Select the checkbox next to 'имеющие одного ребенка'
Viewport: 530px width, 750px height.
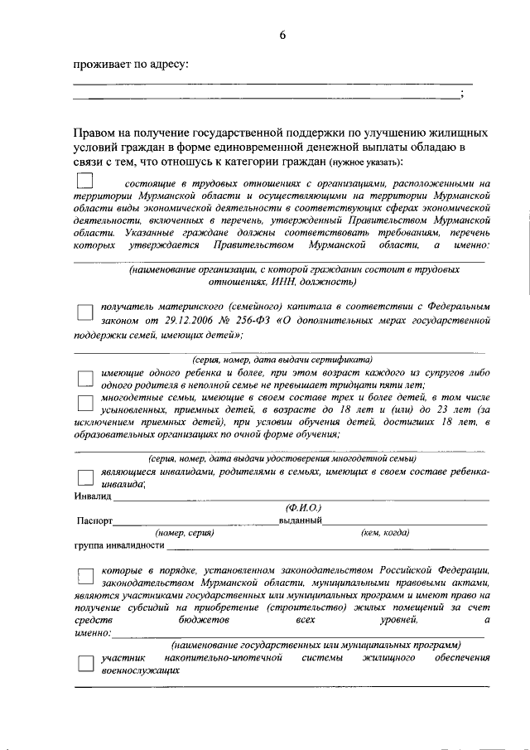pos(84,378)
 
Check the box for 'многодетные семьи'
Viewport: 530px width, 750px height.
pos(84,404)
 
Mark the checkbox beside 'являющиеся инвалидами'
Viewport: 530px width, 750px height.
pos(84,477)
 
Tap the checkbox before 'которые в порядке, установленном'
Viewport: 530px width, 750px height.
pos(84,577)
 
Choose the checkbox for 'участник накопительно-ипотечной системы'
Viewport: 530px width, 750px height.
pos(84,663)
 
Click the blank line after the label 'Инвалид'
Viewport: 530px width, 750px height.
pos(298,498)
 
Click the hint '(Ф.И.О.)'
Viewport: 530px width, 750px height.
pos(301,507)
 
